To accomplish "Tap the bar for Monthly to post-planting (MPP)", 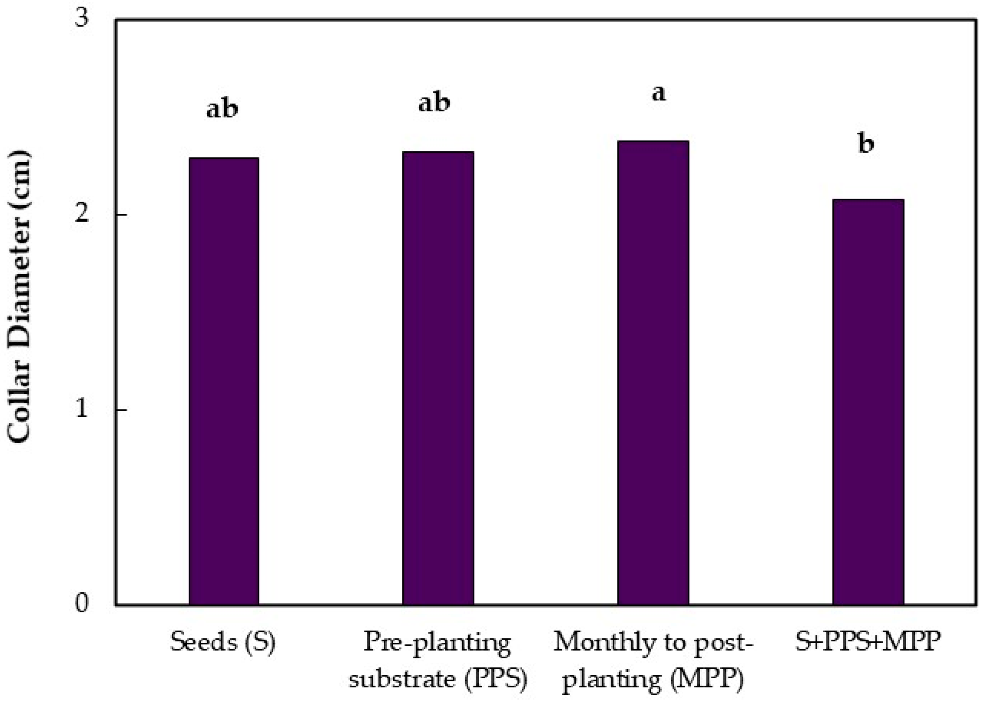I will coord(653,373).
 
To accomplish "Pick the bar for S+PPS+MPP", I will coord(868,402).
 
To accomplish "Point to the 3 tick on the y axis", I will coord(82,19).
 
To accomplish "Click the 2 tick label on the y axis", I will coord(82,214).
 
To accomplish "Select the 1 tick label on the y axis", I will coord(82,409).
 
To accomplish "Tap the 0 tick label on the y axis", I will coord(82,603).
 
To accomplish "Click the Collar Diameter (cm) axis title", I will coord(20,297).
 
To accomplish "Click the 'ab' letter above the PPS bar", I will coord(434,103).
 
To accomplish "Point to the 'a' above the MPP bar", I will coord(659,93).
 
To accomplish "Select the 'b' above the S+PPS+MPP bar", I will coord(866,144).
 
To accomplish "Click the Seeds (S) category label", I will coord(223,642).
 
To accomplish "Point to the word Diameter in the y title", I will coord(20,273).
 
